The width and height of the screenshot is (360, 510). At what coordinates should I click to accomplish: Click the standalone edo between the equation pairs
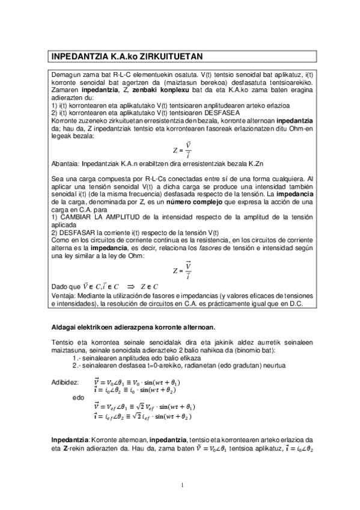tap(78, 398)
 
